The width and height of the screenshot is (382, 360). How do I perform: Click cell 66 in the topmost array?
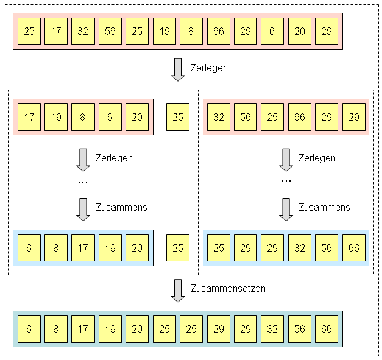point(218,32)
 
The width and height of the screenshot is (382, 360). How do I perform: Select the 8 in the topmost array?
point(191,32)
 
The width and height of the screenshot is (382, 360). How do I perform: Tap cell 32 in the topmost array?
point(83,32)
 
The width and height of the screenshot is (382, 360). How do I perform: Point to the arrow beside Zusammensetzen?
point(178,291)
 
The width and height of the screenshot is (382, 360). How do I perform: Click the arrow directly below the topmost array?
point(178,69)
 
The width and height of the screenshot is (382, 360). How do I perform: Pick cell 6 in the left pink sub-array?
point(110,116)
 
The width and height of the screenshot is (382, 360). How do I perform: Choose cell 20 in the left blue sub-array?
point(137,248)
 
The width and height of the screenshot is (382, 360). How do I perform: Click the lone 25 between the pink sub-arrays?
point(178,116)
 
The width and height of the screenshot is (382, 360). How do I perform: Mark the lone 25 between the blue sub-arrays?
point(178,248)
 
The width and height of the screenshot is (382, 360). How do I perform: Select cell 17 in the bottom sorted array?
point(83,329)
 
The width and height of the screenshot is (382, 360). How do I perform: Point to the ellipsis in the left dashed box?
point(83,181)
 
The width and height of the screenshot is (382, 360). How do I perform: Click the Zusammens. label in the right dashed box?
point(325,207)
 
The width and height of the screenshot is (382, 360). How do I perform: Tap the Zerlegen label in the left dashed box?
point(114,158)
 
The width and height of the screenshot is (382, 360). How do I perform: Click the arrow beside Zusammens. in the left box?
point(83,208)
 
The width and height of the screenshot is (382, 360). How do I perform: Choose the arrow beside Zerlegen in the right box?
point(286,160)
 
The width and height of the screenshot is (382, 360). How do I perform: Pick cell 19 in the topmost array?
point(164,32)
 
